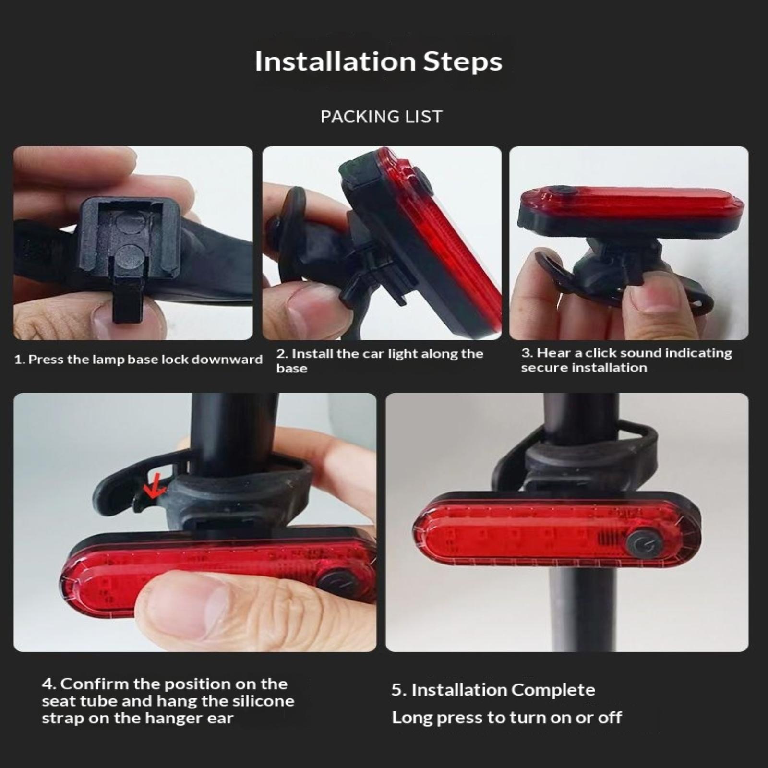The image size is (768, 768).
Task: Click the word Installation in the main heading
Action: coord(335,61)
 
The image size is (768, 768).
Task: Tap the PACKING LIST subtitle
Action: coord(382,117)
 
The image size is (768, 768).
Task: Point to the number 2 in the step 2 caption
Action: coord(281,354)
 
